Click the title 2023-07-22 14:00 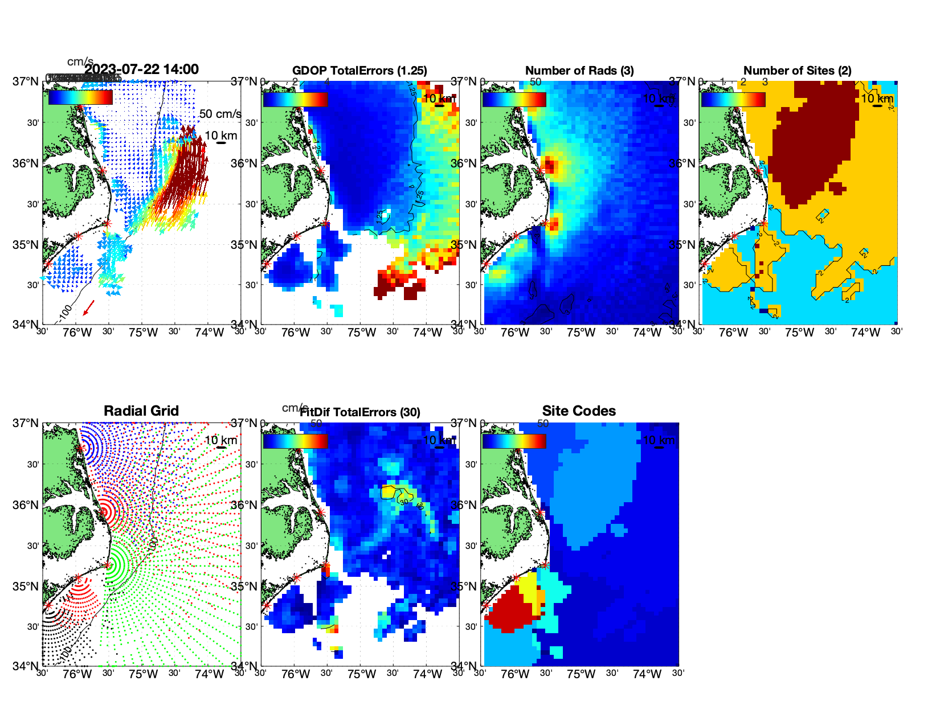pyautogui.click(x=141, y=69)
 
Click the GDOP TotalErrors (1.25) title pyautogui.click(x=359, y=71)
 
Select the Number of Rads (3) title pyautogui.click(x=579, y=71)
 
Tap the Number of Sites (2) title pyautogui.click(x=798, y=71)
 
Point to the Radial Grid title pyautogui.click(x=141, y=411)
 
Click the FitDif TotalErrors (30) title pyautogui.click(x=360, y=412)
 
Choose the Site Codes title pyautogui.click(x=579, y=411)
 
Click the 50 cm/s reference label pyautogui.click(x=220, y=114)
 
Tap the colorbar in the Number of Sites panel pyautogui.click(x=733, y=99)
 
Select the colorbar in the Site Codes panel pyautogui.click(x=514, y=441)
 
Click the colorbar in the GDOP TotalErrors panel pyautogui.click(x=295, y=99)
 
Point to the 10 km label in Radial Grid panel pyautogui.click(x=220, y=440)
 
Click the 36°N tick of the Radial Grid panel pyautogui.click(x=26, y=505)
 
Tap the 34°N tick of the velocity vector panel pyautogui.click(x=26, y=325)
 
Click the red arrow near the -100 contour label pyautogui.click(x=88, y=308)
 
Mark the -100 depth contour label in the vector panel pyautogui.click(x=64, y=313)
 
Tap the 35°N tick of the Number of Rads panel pyautogui.click(x=463, y=245)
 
